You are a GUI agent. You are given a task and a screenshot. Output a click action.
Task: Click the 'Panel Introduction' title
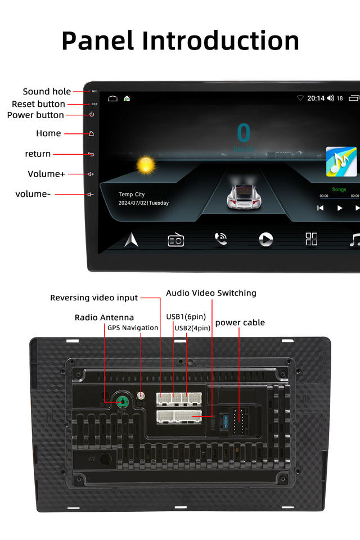point(180,40)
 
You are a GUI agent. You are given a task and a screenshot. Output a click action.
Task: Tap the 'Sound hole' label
point(47,91)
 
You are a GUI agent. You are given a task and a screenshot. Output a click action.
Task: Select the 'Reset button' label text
point(38,104)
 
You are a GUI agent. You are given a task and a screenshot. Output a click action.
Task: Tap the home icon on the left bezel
point(91,134)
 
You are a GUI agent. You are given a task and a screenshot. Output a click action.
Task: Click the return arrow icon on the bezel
point(91,154)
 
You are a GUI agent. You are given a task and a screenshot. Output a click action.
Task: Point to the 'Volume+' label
point(46,174)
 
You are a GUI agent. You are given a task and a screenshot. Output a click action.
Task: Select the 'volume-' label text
point(33,194)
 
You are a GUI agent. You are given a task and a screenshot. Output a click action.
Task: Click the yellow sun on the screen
point(146,165)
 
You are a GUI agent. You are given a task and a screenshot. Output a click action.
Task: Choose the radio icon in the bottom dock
point(176,240)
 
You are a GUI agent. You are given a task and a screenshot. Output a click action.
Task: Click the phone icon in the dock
point(221,239)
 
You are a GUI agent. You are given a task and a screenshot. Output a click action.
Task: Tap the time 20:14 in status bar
point(316,98)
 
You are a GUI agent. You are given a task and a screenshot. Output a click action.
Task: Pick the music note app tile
point(341,162)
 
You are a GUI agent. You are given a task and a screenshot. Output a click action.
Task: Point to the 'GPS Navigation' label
point(133,327)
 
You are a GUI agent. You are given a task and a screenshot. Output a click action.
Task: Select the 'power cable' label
point(240,322)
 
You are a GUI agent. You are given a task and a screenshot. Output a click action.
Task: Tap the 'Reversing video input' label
point(94,298)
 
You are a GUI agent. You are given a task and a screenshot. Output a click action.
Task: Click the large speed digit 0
point(244,133)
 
